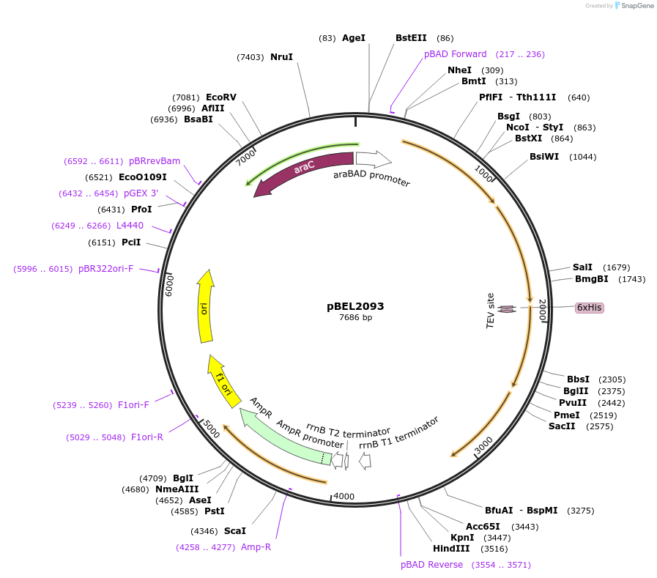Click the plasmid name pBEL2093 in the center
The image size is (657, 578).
(x=355, y=306)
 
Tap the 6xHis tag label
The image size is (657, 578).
(x=589, y=308)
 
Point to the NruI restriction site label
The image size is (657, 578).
(x=281, y=56)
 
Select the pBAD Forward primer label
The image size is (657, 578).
(x=455, y=54)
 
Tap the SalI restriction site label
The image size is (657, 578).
(x=582, y=267)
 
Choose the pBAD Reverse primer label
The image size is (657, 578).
(x=431, y=565)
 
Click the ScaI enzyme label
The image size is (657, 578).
(x=234, y=530)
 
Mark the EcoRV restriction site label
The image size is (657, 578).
(x=220, y=97)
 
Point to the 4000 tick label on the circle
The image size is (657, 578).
(x=344, y=497)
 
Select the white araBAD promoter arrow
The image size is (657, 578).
(x=373, y=158)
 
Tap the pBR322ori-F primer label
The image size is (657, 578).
(x=105, y=269)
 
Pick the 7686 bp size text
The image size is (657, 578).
(x=355, y=317)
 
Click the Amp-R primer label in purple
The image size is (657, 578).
(x=256, y=546)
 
